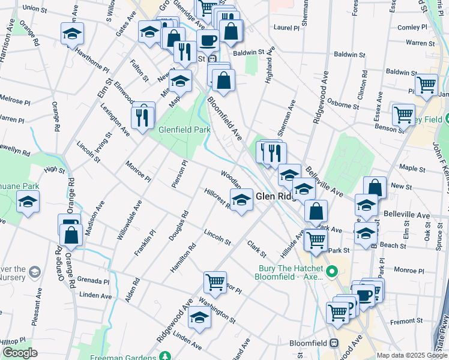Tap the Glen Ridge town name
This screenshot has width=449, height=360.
[276, 196]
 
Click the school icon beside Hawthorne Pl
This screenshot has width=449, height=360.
[72, 34]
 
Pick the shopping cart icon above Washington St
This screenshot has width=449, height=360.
[214, 281]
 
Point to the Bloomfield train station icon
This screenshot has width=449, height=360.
[334, 343]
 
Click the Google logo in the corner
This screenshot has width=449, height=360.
[20, 353]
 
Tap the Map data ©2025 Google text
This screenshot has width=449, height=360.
[412, 355]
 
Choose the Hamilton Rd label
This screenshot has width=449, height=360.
[182, 256]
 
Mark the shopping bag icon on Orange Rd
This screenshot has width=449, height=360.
[71, 236]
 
